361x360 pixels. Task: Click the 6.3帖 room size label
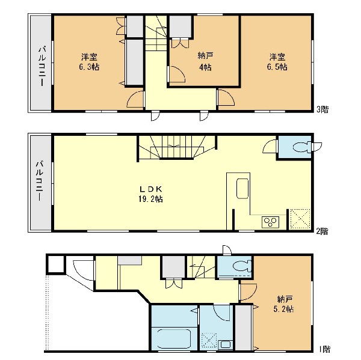click(89, 67)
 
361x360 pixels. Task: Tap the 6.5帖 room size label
click(277, 67)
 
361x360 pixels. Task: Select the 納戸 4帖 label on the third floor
click(205, 61)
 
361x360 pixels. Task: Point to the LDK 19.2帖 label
click(151, 194)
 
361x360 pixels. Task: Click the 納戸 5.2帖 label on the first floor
click(283, 304)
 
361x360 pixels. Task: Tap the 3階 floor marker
click(322, 109)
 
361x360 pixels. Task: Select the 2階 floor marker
click(322, 231)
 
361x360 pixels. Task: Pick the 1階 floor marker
click(325, 349)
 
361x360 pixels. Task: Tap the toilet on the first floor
click(242, 266)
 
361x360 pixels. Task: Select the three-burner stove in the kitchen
click(270, 222)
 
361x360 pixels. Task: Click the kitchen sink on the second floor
click(242, 188)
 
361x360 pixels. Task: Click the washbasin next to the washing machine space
click(226, 345)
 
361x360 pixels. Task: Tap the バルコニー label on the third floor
click(42, 66)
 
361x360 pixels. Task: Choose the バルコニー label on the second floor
click(39, 182)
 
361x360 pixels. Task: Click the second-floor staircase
click(177, 147)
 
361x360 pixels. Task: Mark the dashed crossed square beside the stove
click(300, 219)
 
